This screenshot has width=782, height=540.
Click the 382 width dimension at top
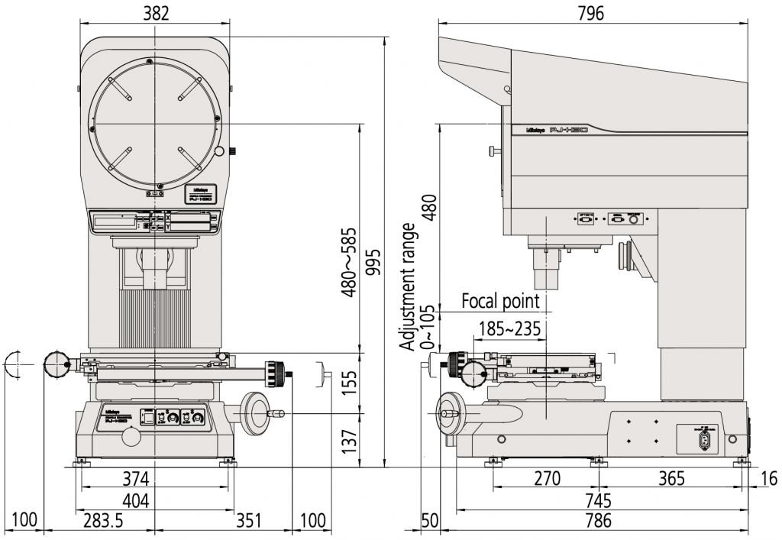point(154,12)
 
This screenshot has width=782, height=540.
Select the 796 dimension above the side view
point(590,12)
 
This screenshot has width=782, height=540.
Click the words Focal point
point(500,302)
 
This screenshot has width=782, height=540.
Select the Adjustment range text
point(410,286)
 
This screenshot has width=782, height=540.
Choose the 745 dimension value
point(599,501)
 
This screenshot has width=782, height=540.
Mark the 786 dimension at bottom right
point(599,522)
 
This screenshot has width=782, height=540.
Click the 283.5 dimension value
point(102,522)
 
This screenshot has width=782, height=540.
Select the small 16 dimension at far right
point(769,479)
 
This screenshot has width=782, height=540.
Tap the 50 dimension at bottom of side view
point(430,522)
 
